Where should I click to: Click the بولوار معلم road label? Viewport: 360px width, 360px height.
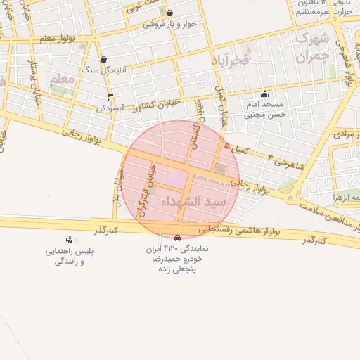56,39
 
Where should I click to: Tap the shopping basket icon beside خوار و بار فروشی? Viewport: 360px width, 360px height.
169,13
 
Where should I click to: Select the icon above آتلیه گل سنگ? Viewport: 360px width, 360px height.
104,60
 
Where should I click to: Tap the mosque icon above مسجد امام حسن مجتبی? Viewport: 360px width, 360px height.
264,94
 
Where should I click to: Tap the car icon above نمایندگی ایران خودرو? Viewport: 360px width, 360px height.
176,238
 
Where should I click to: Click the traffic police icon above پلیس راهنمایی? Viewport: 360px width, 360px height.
69,240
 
